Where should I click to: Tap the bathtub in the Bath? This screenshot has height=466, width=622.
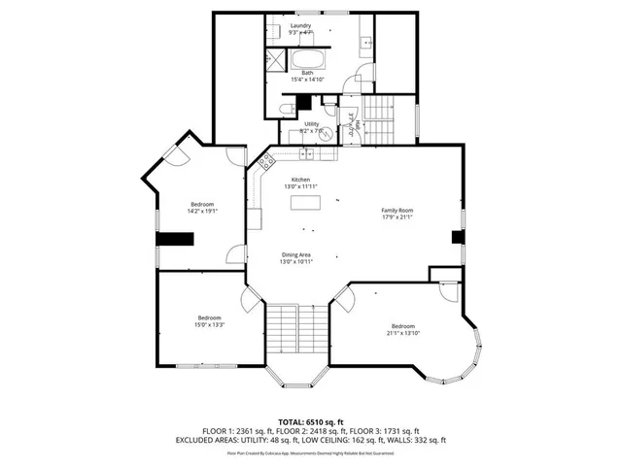[307, 59]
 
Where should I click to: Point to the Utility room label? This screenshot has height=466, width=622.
[311, 124]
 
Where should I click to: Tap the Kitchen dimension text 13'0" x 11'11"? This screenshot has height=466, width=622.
[301, 186]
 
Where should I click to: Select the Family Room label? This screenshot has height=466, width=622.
[397, 211]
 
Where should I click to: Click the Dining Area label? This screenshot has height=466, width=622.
[295, 254]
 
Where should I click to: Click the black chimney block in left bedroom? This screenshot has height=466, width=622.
[175, 239]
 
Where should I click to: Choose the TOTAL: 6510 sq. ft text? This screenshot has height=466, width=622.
[310, 422]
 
